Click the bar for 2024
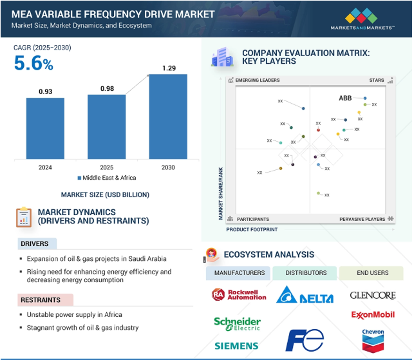click(45, 128)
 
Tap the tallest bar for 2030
click(168, 116)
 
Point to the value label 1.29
click(168, 68)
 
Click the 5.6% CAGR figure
click(33, 63)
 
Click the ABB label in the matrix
click(346, 99)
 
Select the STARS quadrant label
click(376, 81)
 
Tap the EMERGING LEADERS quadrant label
click(258, 81)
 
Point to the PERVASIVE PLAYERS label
click(362, 220)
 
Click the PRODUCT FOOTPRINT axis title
click(252, 229)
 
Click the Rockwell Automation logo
click(238, 294)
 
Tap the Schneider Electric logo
click(238, 323)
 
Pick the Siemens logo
click(237, 346)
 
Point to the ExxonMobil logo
click(373, 315)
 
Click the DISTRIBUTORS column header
click(305, 273)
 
